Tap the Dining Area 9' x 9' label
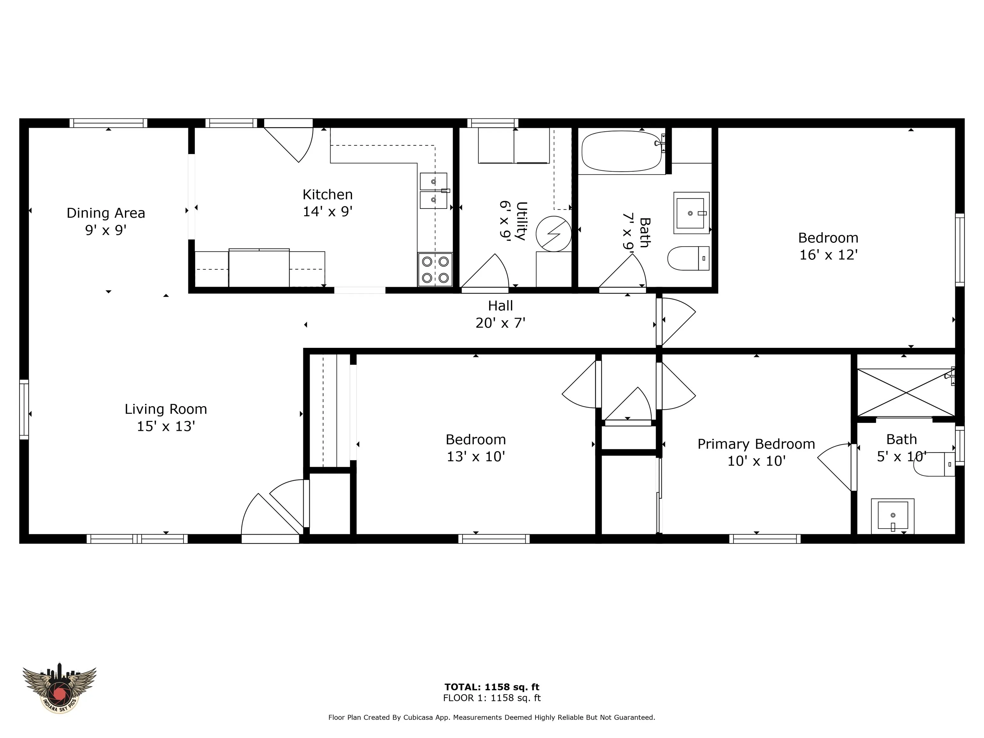pos(106,221)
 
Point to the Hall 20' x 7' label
pos(500,314)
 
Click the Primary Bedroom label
pos(756,444)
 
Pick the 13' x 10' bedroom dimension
pos(476,456)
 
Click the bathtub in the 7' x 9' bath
pos(623,151)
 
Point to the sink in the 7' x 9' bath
pos(691,213)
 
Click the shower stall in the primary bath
pos(906,392)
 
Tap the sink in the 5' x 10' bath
pos(892,516)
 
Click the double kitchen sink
pos(434,191)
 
